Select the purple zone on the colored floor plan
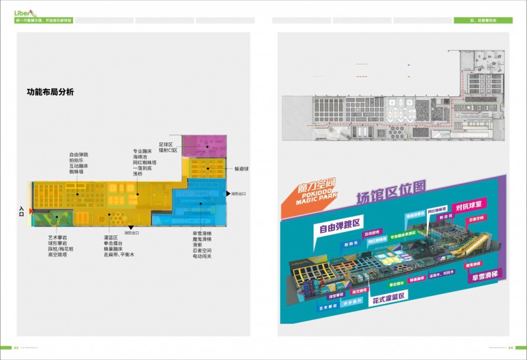[205, 145]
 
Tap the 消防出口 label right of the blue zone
[238, 195]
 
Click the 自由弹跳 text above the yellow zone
[77, 154]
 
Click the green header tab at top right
[483, 20]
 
